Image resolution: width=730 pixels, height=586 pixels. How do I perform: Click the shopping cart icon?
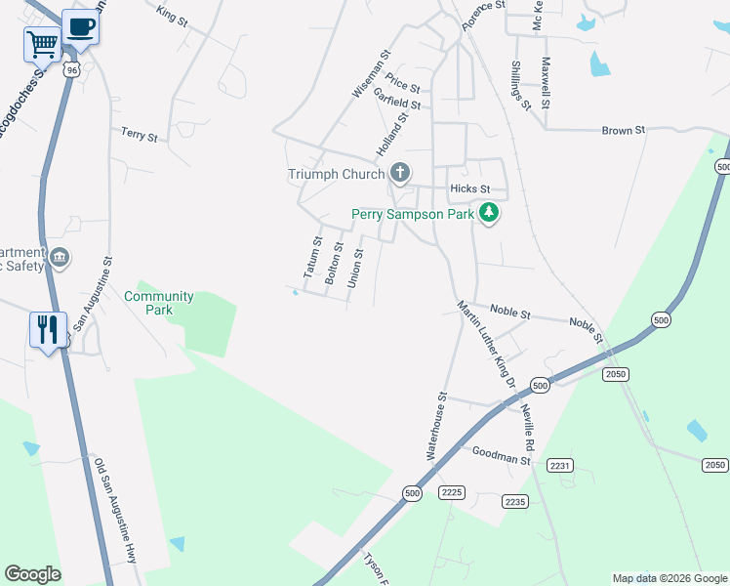41,43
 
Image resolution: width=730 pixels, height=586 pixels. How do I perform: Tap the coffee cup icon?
80,26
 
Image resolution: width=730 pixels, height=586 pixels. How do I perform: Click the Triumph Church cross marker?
399,174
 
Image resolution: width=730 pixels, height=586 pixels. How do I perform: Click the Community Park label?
159,303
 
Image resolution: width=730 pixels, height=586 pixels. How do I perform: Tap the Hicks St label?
469,188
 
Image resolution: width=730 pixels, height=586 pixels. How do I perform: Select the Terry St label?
139,135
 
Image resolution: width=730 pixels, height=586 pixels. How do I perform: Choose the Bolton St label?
335,263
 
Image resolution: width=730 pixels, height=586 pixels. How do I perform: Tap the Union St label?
357,267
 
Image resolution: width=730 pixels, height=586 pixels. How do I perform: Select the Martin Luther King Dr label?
486,345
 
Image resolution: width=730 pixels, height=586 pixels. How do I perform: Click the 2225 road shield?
451,492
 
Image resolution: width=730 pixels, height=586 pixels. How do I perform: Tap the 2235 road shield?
515,501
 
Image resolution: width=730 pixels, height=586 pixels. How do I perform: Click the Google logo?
32,574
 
